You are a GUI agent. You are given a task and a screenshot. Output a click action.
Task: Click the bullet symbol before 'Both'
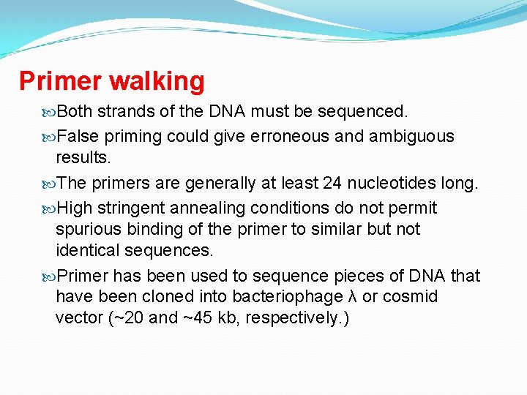click(x=49, y=112)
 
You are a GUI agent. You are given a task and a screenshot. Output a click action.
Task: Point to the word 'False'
click(x=78, y=136)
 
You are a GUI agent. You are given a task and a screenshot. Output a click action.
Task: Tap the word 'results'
click(x=82, y=157)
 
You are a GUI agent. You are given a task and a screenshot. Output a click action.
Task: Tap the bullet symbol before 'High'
click(x=49, y=208)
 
